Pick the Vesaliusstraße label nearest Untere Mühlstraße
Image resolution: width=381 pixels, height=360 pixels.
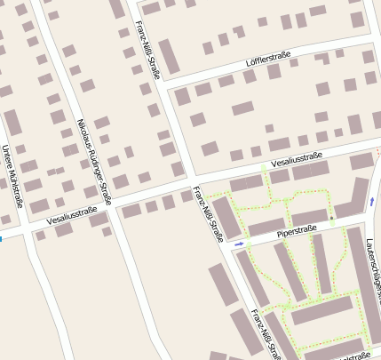(71, 214)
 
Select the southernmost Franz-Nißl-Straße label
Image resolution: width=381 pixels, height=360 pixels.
(266, 334)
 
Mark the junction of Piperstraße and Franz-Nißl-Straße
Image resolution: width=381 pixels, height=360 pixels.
(228, 247)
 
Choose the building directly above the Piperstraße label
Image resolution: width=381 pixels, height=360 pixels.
(309, 216)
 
